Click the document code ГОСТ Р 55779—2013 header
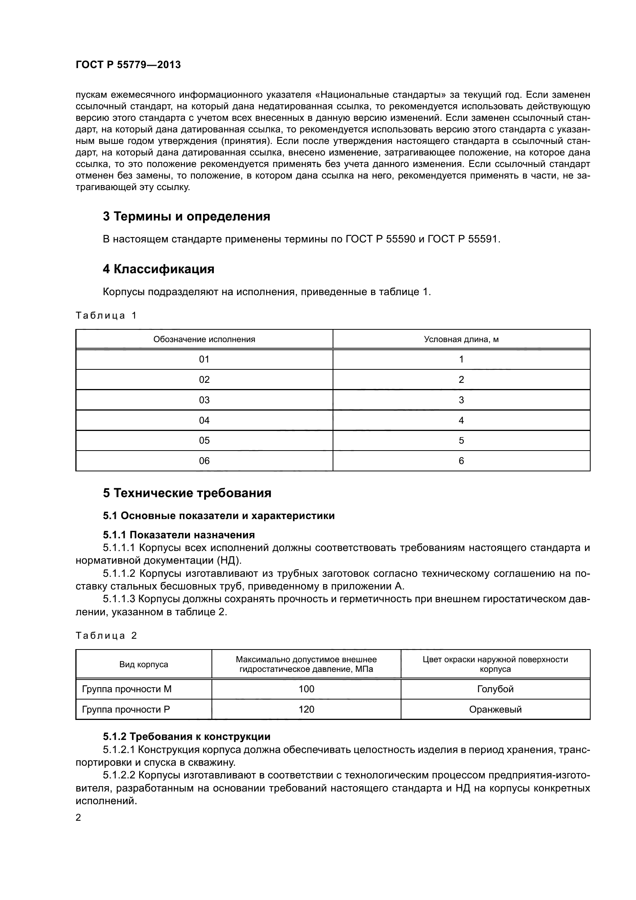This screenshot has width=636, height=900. click(x=128, y=65)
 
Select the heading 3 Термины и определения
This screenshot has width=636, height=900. click(x=186, y=216)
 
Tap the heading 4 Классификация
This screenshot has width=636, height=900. click(x=158, y=269)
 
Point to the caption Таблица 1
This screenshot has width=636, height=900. click(x=106, y=316)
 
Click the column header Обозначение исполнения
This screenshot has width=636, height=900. click(x=204, y=339)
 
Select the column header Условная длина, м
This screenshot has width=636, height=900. click(x=461, y=339)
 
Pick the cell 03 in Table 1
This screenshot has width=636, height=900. click(x=204, y=400)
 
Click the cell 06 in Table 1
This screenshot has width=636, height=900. click(x=204, y=461)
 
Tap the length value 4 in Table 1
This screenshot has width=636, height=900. click(x=461, y=420)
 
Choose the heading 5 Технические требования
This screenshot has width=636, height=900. click(x=187, y=493)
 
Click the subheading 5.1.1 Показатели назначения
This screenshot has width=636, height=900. click(x=179, y=535)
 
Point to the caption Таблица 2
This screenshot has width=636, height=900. click(x=106, y=636)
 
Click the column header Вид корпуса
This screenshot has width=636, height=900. click(x=144, y=665)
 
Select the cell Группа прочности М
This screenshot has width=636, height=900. click(x=127, y=689)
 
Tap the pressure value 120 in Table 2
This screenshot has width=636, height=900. click(x=306, y=710)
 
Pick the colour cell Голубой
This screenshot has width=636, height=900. click(x=495, y=689)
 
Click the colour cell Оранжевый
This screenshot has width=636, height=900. click(x=495, y=710)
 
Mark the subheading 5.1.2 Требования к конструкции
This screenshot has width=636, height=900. click(x=187, y=736)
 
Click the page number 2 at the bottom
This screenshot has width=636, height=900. click(x=78, y=818)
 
